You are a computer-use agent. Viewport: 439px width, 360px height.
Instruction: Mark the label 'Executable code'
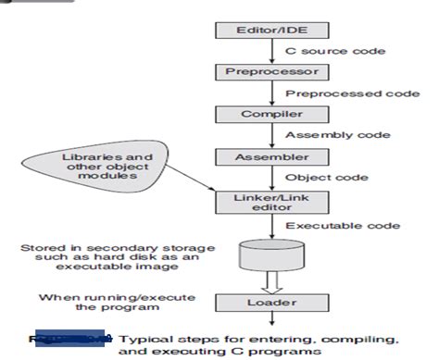(330, 225)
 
